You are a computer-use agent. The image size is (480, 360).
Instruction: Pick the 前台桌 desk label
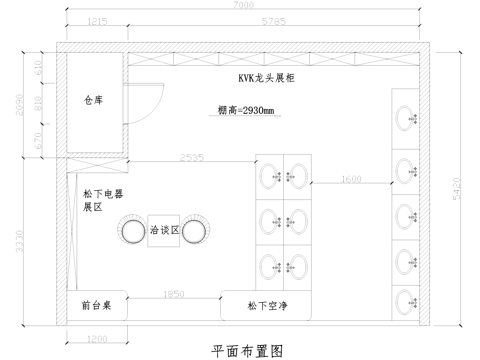coord(97,304)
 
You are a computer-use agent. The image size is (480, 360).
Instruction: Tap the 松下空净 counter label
coord(266,304)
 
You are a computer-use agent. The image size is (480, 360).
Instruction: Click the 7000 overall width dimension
coord(244,6)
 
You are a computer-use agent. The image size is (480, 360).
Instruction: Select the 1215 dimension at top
coord(97,20)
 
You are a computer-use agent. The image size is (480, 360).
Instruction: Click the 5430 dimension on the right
coord(458,186)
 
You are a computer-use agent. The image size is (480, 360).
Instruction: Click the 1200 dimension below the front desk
coord(97,340)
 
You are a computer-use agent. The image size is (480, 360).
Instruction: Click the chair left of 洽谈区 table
coord(132,231)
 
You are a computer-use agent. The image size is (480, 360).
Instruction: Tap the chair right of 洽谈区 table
coord(196,231)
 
